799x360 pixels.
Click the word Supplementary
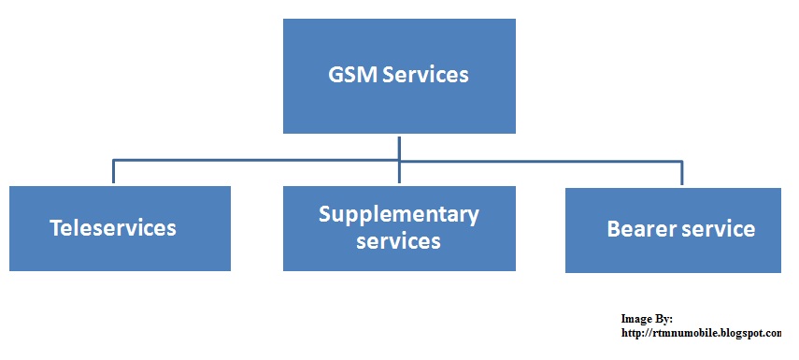tap(399, 214)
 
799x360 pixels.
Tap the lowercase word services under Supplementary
tap(399, 240)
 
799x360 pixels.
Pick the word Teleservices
tap(113, 228)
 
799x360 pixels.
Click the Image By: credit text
tap(647, 319)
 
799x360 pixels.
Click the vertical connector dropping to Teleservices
tap(113, 172)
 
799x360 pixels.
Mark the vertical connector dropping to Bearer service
tap(681, 174)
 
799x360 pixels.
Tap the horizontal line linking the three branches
tap(280, 161)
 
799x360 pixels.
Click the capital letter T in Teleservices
tap(55, 228)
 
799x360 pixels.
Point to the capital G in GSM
tap(336, 75)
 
